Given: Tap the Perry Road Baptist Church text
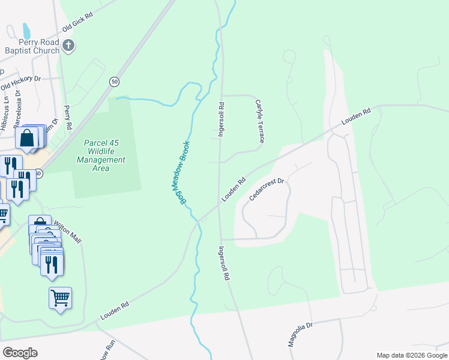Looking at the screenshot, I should pos(30,46).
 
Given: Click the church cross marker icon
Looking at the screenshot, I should pos(70,45).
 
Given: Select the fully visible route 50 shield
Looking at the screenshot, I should pos(113,81).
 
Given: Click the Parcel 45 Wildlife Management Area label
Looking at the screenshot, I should pos(101,156).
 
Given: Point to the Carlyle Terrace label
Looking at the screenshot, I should pos(259,121).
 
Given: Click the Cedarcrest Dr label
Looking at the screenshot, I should pos(266,189).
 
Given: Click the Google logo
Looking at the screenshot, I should pos(20,353).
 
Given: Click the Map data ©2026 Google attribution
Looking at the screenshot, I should pos(412,355).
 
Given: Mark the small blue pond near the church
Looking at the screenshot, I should pos(26,31).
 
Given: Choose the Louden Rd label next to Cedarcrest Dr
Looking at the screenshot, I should pos(234,189).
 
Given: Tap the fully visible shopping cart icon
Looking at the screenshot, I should pos(60,298).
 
